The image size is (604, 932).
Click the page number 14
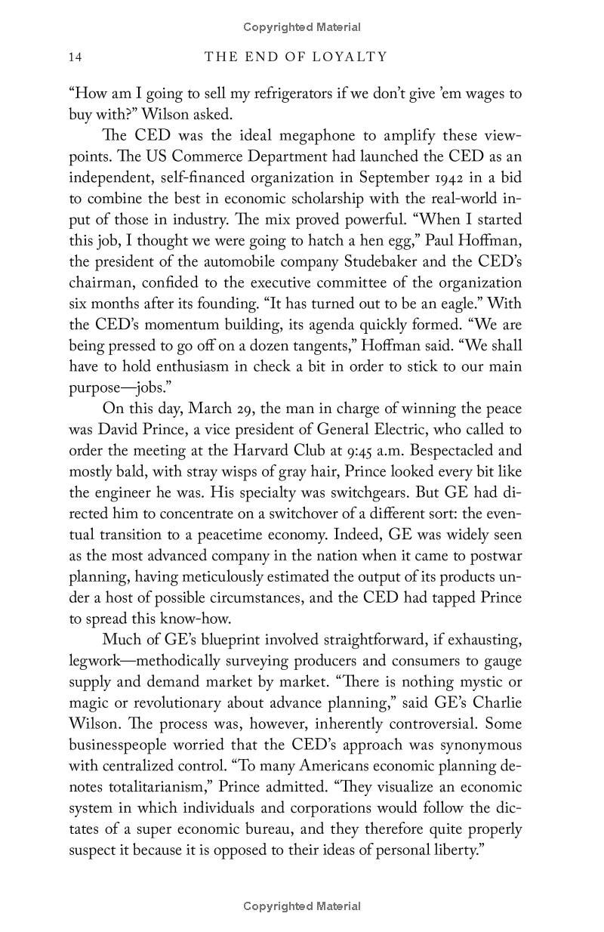pyautogui.click(x=75, y=57)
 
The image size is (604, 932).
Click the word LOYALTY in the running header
pyautogui.click(x=353, y=57)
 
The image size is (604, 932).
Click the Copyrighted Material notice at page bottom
pyautogui.click(x=302, y=906)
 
